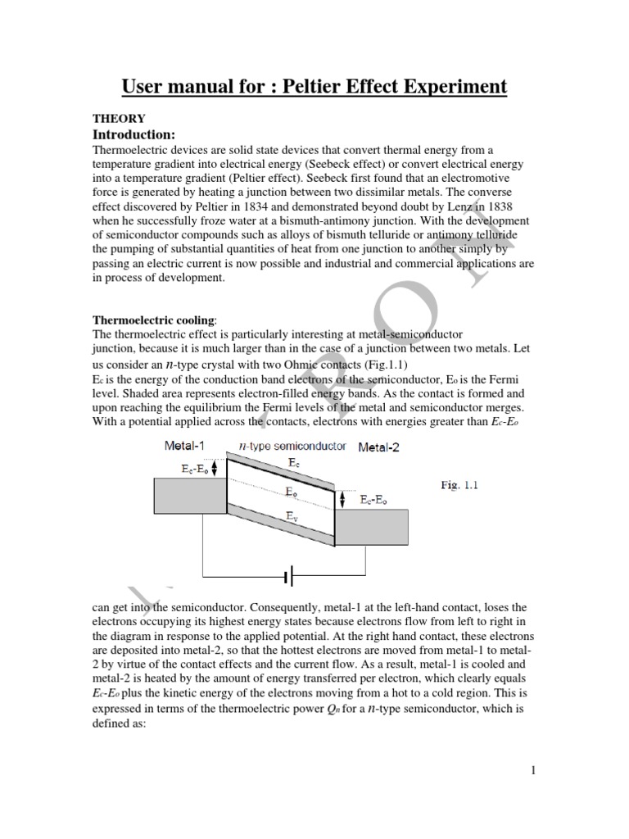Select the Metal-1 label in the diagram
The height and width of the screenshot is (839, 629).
[x=186, y=446]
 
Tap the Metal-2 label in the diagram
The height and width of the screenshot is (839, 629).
[x=378, y=447]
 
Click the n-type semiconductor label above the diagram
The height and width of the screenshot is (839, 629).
[x=292, y=447]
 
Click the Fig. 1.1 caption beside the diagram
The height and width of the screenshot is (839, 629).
[x=459, y=485]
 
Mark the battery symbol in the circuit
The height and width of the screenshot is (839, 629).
[x=289, y=578]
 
